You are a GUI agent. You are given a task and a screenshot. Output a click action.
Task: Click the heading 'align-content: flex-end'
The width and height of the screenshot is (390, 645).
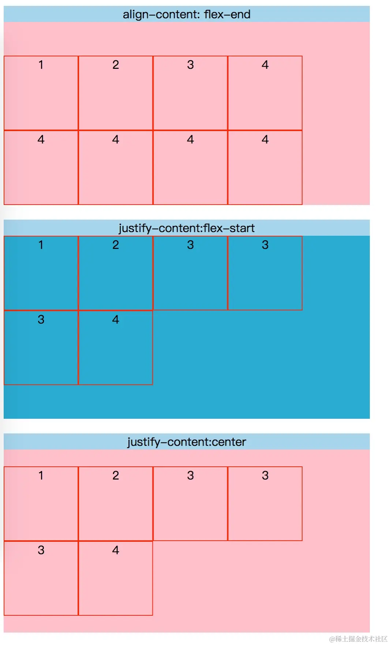tap(187, 14)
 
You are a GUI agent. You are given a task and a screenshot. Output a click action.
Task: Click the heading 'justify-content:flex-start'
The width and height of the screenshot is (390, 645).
tap(187, 228)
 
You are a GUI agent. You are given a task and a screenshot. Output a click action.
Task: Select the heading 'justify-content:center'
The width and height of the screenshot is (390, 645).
tap(187, 442)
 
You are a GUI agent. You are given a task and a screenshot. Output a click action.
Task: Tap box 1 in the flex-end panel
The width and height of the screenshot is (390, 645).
tap(41, 93)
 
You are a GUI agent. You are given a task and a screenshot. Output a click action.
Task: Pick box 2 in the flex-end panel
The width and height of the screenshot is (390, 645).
tap(116, 93)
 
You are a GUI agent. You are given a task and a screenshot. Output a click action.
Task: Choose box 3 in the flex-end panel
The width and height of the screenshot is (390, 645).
tap(190, 93)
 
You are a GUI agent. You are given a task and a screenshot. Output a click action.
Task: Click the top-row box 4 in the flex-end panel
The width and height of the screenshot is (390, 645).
tap(265, 93)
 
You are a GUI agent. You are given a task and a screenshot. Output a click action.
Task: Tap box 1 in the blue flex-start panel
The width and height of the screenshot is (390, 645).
tap(41, 273)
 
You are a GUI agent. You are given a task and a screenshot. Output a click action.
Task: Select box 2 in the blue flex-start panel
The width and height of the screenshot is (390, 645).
tap(116, 273)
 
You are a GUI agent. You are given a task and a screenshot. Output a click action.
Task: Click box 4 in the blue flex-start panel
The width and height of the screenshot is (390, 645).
tap(116, 348)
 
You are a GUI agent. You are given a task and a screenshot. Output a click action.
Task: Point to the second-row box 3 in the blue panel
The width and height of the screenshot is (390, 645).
tap(41, 348)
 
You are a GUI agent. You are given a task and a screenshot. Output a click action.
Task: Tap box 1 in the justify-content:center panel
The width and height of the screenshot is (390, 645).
tap(41, 504)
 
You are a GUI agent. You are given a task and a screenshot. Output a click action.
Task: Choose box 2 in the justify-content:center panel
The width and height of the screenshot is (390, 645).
tap(116, 504)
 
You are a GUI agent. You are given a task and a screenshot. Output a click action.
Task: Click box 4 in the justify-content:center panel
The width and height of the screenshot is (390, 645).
tap(116, 578)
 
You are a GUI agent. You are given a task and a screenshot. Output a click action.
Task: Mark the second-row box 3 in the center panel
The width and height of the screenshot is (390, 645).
tap(41, 578)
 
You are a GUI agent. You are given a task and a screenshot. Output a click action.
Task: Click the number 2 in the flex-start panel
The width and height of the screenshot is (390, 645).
tap(116, 245)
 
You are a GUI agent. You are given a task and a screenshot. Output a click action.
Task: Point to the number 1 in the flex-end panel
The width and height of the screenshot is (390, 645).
tap(41, 65)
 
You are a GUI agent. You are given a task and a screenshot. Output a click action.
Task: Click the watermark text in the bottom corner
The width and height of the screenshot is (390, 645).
tap(358, 639)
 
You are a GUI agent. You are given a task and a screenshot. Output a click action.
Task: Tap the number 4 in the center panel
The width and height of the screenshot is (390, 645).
tap(116, 550)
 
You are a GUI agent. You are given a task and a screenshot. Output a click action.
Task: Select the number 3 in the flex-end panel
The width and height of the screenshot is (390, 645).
tap(190, 65)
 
